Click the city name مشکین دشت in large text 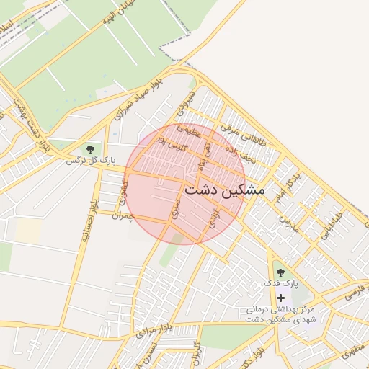point(225,190)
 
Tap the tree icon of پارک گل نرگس point(89,149)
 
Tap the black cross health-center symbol point(280,297)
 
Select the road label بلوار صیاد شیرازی point(143,100)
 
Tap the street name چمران point(123,215)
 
